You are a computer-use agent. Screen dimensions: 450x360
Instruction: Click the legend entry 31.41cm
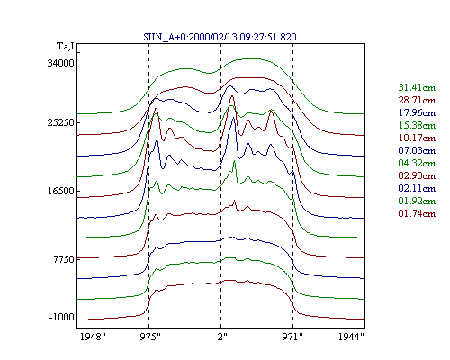coord(417,87)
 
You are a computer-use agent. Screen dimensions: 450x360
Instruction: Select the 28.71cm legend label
coord(417,100)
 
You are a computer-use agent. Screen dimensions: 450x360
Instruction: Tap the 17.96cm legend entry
coord(417,112)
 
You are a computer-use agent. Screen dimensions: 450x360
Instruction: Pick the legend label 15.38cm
coord(417,125)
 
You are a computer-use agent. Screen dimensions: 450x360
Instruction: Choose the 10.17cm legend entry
coord(417,138)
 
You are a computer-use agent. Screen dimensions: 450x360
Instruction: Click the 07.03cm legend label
coord(417,150)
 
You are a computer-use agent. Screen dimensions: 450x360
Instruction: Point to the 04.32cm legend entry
coord(417,163)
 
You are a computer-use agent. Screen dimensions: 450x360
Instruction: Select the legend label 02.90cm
coord(417,175)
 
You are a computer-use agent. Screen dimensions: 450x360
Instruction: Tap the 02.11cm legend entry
coord(417,188)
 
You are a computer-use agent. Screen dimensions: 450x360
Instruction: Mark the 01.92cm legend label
coord(417,201)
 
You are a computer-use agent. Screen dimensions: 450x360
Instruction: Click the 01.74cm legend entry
coord(417,213)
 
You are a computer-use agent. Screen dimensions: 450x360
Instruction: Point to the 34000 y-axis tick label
coord(60,63)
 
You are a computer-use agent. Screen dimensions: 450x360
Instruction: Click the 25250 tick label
coord(60,123)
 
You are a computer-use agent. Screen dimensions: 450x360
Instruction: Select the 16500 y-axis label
coord(60,191)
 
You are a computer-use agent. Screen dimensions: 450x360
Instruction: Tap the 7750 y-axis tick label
coord(63,259)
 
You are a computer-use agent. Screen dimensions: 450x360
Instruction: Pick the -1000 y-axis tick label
coord(61,317)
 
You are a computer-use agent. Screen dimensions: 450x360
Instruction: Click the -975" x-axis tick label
coord(148,337)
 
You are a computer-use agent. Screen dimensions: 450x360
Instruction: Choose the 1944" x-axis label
coord(351,337)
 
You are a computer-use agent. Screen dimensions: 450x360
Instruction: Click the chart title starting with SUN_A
coord(220,37)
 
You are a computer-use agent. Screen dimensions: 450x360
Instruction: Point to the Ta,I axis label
coord(66,47)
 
